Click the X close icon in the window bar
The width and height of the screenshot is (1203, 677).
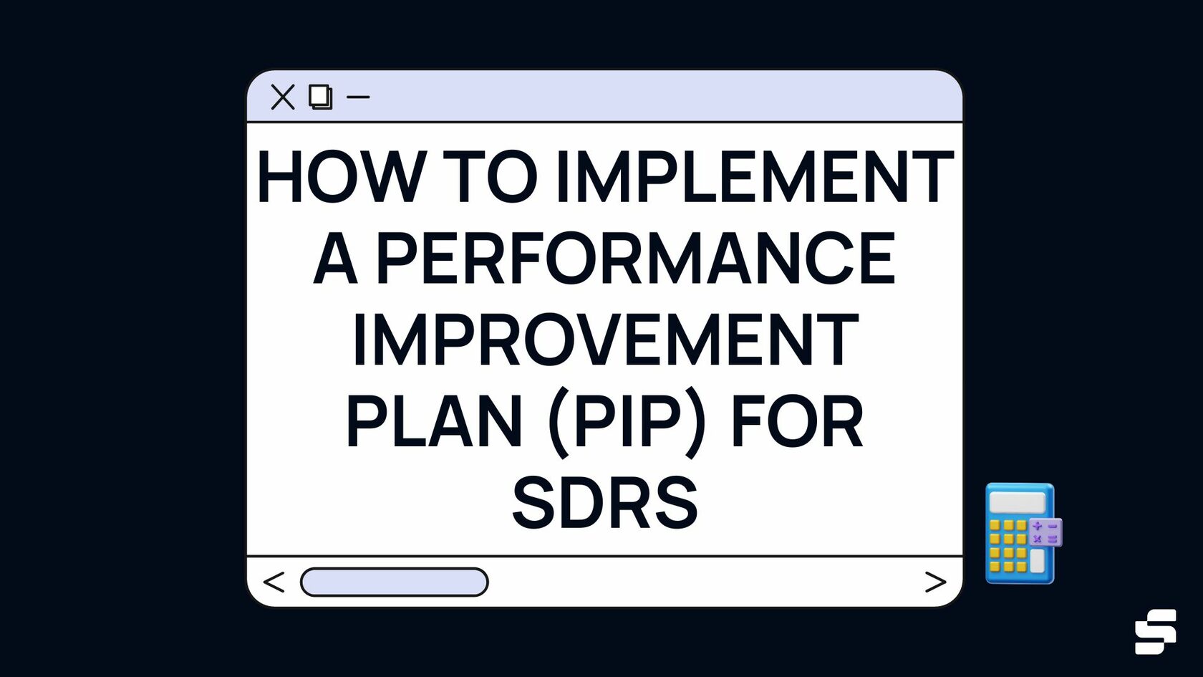[283, 97]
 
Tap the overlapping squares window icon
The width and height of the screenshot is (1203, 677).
[320, 97]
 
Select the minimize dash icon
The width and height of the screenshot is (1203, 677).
[358, 97]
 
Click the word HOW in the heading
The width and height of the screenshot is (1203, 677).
[341, 177]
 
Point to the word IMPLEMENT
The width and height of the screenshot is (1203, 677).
[754, 177]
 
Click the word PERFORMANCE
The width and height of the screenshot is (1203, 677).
[635, 259]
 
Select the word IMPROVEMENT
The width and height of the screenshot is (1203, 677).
[605, 340]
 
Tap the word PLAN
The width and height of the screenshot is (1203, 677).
[434, 422]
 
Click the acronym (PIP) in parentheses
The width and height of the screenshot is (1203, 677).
[627, 423]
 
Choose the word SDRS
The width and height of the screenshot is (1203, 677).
[605, 504]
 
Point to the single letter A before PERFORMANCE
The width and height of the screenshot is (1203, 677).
[335, 259]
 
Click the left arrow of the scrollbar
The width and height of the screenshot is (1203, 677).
[274, 582]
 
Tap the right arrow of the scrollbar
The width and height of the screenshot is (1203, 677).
[935, 582]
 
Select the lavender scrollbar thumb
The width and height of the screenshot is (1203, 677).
[395, 582]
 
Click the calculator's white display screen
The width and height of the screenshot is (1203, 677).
[1017, 502]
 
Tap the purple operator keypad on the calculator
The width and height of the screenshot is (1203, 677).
[1045, 532]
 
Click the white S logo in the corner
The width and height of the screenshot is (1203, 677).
[1155, 631]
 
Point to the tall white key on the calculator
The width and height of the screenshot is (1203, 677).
[1037, 560]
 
